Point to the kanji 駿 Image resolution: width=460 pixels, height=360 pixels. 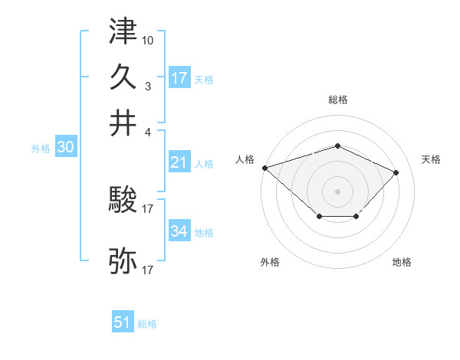coord(123,201)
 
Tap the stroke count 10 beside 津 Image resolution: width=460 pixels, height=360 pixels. coord(148,39)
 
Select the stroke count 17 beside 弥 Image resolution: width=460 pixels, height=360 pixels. coord(148,270)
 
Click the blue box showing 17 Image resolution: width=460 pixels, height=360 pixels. coord(179,77)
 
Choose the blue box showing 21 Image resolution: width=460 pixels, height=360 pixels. coord(179,162)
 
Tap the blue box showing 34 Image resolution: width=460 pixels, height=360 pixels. coord(179,231)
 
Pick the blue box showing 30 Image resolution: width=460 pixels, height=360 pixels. coord(65,148)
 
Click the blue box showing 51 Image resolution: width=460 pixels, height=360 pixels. coord(123,322)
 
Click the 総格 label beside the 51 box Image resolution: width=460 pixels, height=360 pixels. coord(147,324)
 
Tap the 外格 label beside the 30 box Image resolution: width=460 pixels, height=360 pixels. coord(41,149)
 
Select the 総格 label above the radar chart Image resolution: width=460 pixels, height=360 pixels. coord(337,100)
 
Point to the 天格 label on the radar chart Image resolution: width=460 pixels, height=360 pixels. coord(431,159)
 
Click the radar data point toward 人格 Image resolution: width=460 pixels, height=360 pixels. coord(264,167)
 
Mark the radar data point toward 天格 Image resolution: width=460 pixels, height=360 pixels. coord(396,172)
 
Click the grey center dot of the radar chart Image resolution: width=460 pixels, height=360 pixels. coord(337,191)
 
